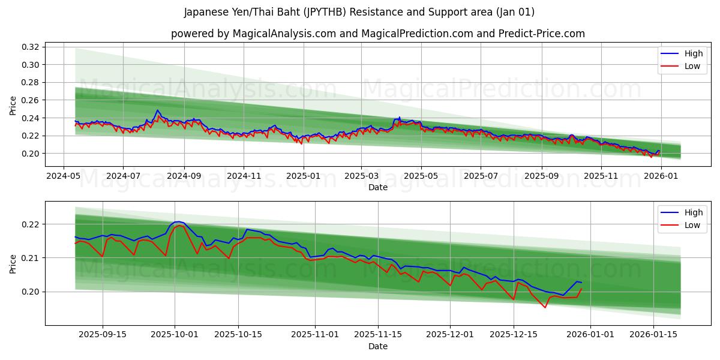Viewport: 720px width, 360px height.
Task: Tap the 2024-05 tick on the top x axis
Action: click(64, 176)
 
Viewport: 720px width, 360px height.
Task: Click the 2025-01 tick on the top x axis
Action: click(303, 176)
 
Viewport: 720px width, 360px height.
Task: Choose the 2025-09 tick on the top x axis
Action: click(541, 176)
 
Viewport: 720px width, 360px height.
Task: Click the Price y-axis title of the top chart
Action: click(13, 106)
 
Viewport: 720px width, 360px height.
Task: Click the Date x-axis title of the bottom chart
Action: click(378, 346)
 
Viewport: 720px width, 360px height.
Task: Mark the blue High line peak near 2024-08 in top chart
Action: click(157, 110)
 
